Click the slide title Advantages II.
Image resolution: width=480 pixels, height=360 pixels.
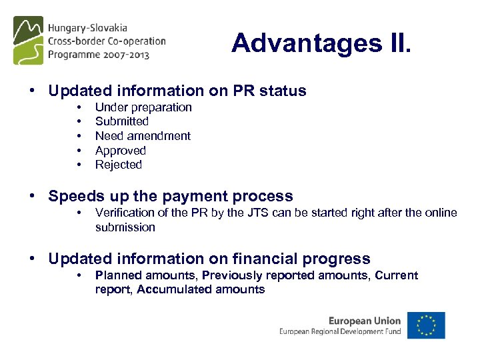click(323, 43)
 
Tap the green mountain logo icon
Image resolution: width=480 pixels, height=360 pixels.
click(29, 40)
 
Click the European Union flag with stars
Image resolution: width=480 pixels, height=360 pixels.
click(426, 325)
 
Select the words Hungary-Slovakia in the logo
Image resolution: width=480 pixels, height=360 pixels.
click(87, 29)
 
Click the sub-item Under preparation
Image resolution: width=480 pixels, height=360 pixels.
click(143, 107)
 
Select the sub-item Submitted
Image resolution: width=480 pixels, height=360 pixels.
click(122, 121)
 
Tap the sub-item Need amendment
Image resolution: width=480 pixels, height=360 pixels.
click(143, 136)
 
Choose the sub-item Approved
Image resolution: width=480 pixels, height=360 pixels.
click(121, 151)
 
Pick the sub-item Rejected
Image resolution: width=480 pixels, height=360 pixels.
click(119, 165)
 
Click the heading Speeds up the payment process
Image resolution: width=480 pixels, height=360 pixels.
click(171, 196)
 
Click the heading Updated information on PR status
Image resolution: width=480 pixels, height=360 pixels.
click(177, 91)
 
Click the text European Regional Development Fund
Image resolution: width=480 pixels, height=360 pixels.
click(340, 331)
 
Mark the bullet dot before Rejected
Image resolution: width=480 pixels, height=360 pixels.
click(79, 165)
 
